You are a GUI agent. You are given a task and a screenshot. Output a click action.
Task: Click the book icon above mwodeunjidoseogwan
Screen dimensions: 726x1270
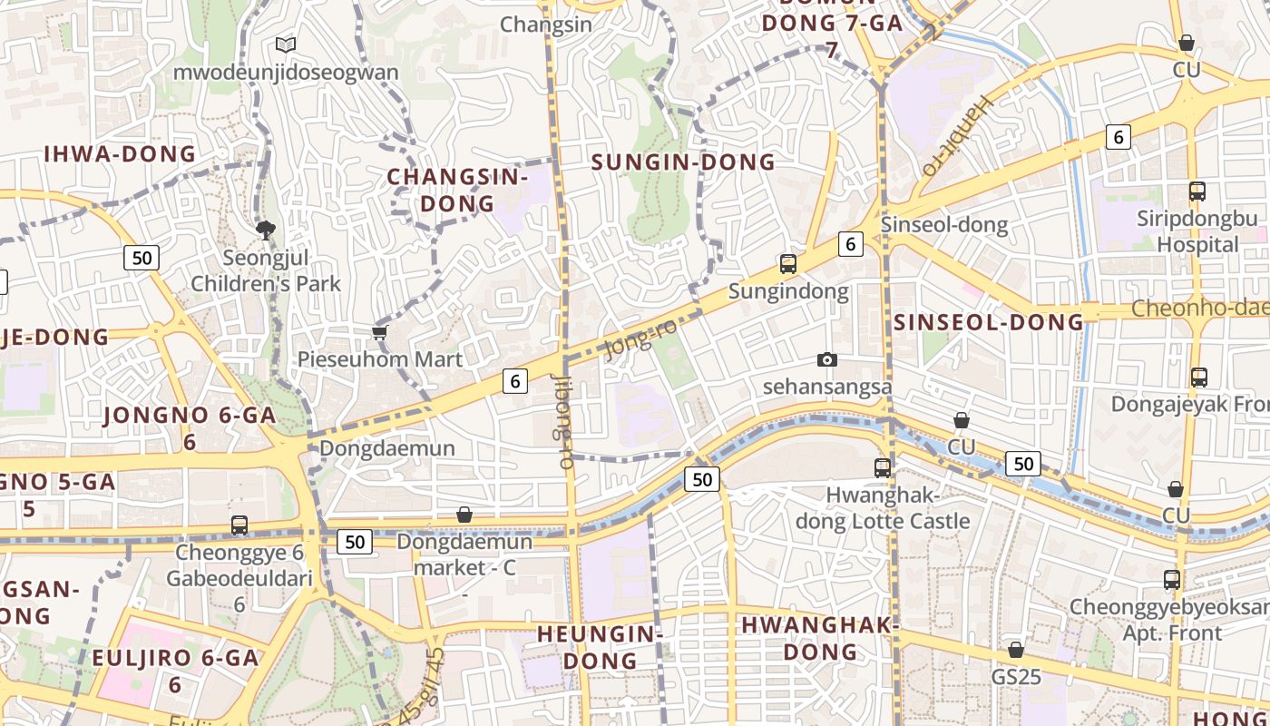286,44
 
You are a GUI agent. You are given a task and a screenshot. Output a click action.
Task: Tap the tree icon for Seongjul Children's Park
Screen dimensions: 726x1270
266,231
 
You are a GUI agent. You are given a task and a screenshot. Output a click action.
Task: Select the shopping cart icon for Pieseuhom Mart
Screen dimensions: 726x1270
380,332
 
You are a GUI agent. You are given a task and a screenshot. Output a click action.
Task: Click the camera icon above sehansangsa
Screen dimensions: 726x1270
826,359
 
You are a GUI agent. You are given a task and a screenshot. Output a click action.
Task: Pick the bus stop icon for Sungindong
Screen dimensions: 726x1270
788,264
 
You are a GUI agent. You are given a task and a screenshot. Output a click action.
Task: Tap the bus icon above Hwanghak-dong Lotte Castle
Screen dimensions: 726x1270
883,468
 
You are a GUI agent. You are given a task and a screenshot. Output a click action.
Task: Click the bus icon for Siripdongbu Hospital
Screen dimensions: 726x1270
1197,191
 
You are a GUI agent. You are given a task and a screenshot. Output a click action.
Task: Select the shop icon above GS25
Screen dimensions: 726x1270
1016,650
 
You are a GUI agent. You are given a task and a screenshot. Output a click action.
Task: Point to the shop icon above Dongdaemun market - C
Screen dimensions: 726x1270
464,515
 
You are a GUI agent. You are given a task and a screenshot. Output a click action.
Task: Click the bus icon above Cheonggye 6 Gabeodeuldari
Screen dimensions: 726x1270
239,525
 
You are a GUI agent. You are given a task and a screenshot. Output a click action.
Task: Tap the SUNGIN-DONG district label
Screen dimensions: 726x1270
683,162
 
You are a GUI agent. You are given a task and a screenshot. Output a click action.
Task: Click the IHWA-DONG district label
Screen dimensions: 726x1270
120,153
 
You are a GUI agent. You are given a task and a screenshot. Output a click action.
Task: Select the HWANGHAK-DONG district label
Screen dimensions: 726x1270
820,638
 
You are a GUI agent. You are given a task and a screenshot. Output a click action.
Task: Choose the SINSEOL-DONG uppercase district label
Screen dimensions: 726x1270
989,322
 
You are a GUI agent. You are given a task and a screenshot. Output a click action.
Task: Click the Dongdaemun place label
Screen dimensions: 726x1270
387,448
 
